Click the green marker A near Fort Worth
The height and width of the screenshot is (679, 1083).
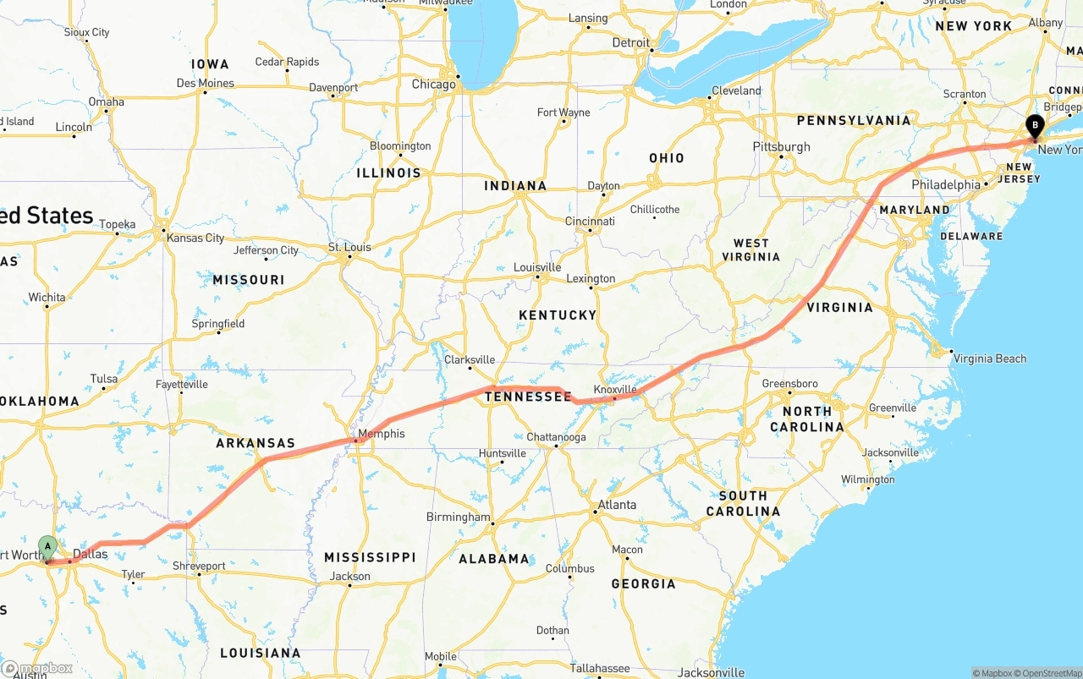[47, 547]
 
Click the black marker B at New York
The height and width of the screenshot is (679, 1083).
[1034, 127]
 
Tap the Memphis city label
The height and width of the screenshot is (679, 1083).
[381, 434]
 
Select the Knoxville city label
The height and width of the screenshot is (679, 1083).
[615, 389]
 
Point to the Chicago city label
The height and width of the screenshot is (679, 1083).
[433, 85]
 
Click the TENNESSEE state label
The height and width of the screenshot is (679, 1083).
[528, 397]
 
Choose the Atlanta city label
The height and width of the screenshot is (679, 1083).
[617, 505]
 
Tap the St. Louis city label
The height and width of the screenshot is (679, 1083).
[349, 247]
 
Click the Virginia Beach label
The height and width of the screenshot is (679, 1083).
[989, 359]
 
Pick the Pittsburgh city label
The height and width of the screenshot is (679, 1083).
[781, 147]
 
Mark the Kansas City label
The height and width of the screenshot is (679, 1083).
[195, 238]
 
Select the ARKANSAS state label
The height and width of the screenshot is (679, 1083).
[256, 443]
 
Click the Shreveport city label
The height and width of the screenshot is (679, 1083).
[199, 566]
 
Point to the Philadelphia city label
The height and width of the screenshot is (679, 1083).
[946, 184]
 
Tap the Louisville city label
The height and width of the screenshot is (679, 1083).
[537, 267]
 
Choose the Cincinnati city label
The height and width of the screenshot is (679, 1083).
[590, 222]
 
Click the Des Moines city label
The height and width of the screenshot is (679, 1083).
[205, 83]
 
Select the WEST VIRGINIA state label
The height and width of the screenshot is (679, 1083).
[750, 249]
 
